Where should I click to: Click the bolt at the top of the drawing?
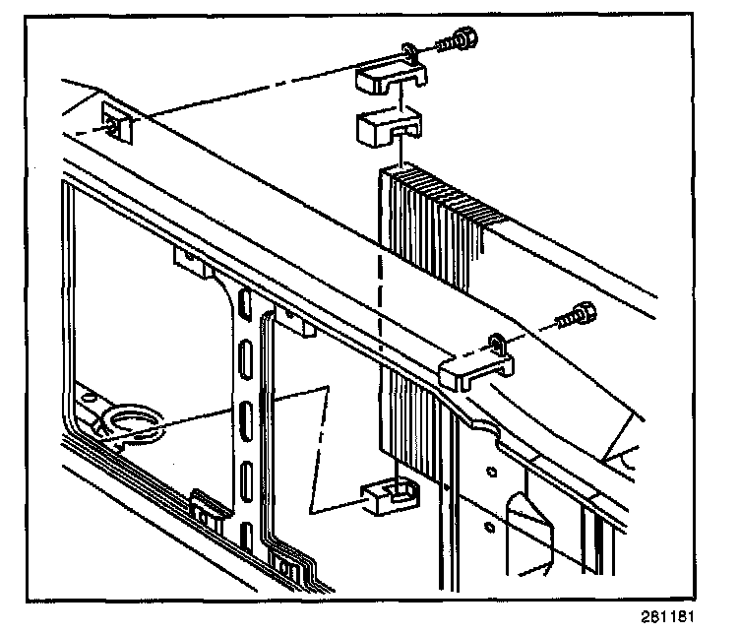pyautogui.click(x=461, y=40)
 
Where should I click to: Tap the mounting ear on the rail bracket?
pyautogui.click(x=497, y=342)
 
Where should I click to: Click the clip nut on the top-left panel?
pyautogui.click(x=117, y=126)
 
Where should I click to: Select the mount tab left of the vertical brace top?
pyautogui.click(x=188, y=260)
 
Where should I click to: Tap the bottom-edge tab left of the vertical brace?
pyautogui.click(x=205, y=508)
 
